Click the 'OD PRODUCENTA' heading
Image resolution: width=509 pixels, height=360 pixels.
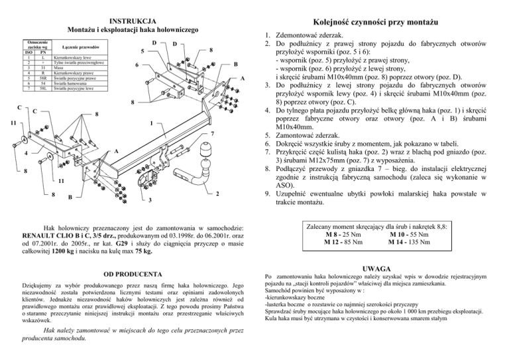click(x=129, y=273)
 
